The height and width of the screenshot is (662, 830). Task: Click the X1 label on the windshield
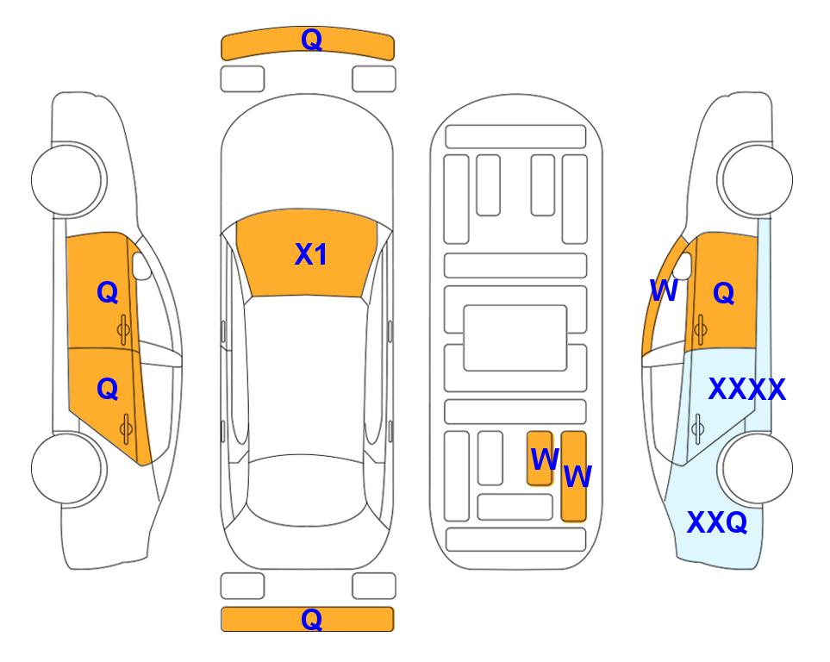click(311, 254)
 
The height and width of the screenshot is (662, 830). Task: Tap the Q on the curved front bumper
click(311, 40)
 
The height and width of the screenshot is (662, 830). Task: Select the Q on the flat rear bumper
click(311, 619)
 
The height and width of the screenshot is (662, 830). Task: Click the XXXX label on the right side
click(747, 390)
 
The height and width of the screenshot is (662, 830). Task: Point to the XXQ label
click(717, 522)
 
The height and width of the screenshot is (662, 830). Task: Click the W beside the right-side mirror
click(664, 290)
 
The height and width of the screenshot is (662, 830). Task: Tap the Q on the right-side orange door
click(724, 293)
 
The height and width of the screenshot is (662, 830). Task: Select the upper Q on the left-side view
click(108, 292)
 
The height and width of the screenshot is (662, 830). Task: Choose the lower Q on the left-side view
click(108, 390)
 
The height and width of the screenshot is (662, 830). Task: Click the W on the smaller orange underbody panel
click(545, 459)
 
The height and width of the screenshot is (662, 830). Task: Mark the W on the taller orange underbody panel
click(577, 477)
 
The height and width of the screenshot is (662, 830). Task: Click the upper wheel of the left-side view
click(69, 179)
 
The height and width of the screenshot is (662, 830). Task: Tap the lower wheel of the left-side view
click(69, 469)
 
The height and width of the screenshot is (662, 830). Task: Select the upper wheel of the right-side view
click(755, 179)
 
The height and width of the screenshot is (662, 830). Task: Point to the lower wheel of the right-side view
click(755, 469)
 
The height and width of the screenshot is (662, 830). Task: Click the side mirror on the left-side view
click(141, 265)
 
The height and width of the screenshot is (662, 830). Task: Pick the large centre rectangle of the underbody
click(515, 338)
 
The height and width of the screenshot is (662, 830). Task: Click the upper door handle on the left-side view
click(124, 329)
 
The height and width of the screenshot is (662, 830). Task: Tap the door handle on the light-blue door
click(698, 428)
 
